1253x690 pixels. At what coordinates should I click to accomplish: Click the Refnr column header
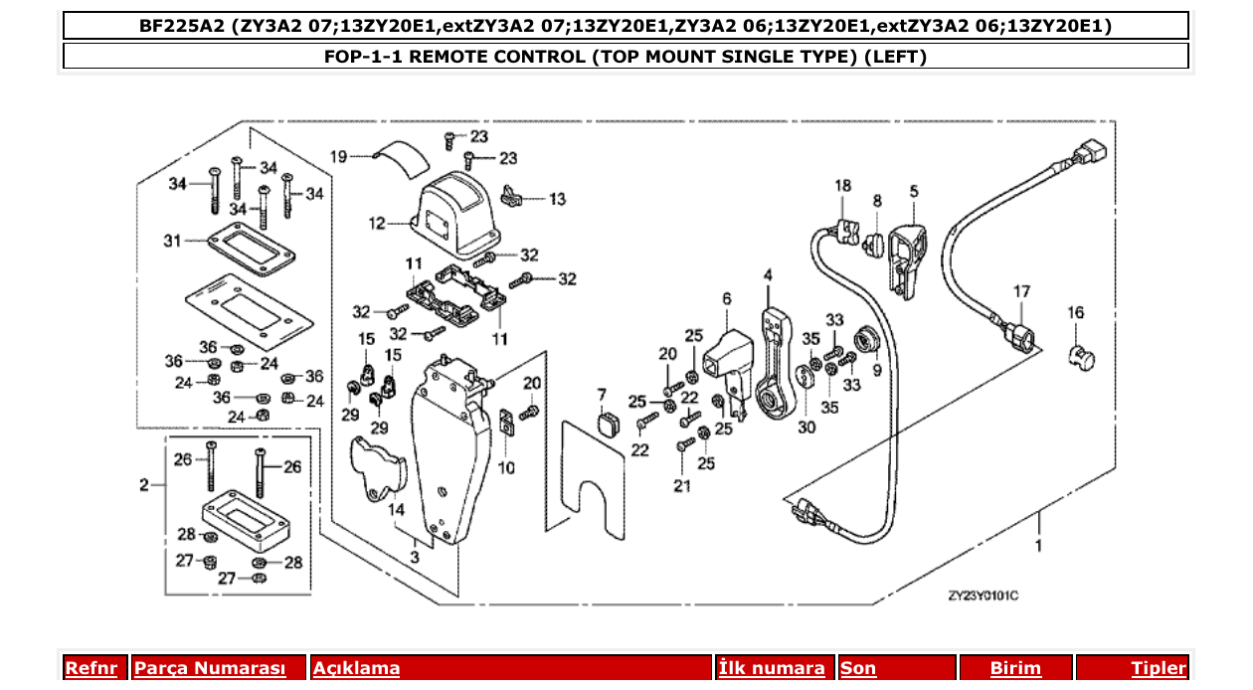coord(90,668)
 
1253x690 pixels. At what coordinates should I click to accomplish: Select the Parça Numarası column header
coord(209,668)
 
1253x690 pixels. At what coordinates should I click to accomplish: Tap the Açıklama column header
coord(356,668)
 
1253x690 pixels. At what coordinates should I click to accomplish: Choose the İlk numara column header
coord(772,668)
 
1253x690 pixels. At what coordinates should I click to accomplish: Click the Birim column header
coord(1015,668)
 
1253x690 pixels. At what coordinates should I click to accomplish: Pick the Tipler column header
coord(1159,668)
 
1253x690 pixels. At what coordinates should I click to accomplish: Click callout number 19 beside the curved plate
coord(338,156)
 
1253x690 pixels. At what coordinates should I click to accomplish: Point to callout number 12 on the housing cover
coord(377,224)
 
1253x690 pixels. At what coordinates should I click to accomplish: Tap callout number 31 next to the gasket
coord(173,242)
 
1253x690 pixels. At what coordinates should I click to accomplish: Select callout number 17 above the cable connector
coord(1022,291)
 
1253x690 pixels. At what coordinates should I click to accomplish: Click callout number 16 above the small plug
coord(1076,313)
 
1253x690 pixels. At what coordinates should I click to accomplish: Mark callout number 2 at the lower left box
coord(144,485)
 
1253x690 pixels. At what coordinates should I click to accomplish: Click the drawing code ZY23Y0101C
coord(983,596)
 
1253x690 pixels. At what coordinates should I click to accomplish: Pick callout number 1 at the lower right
coord(1039,547)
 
